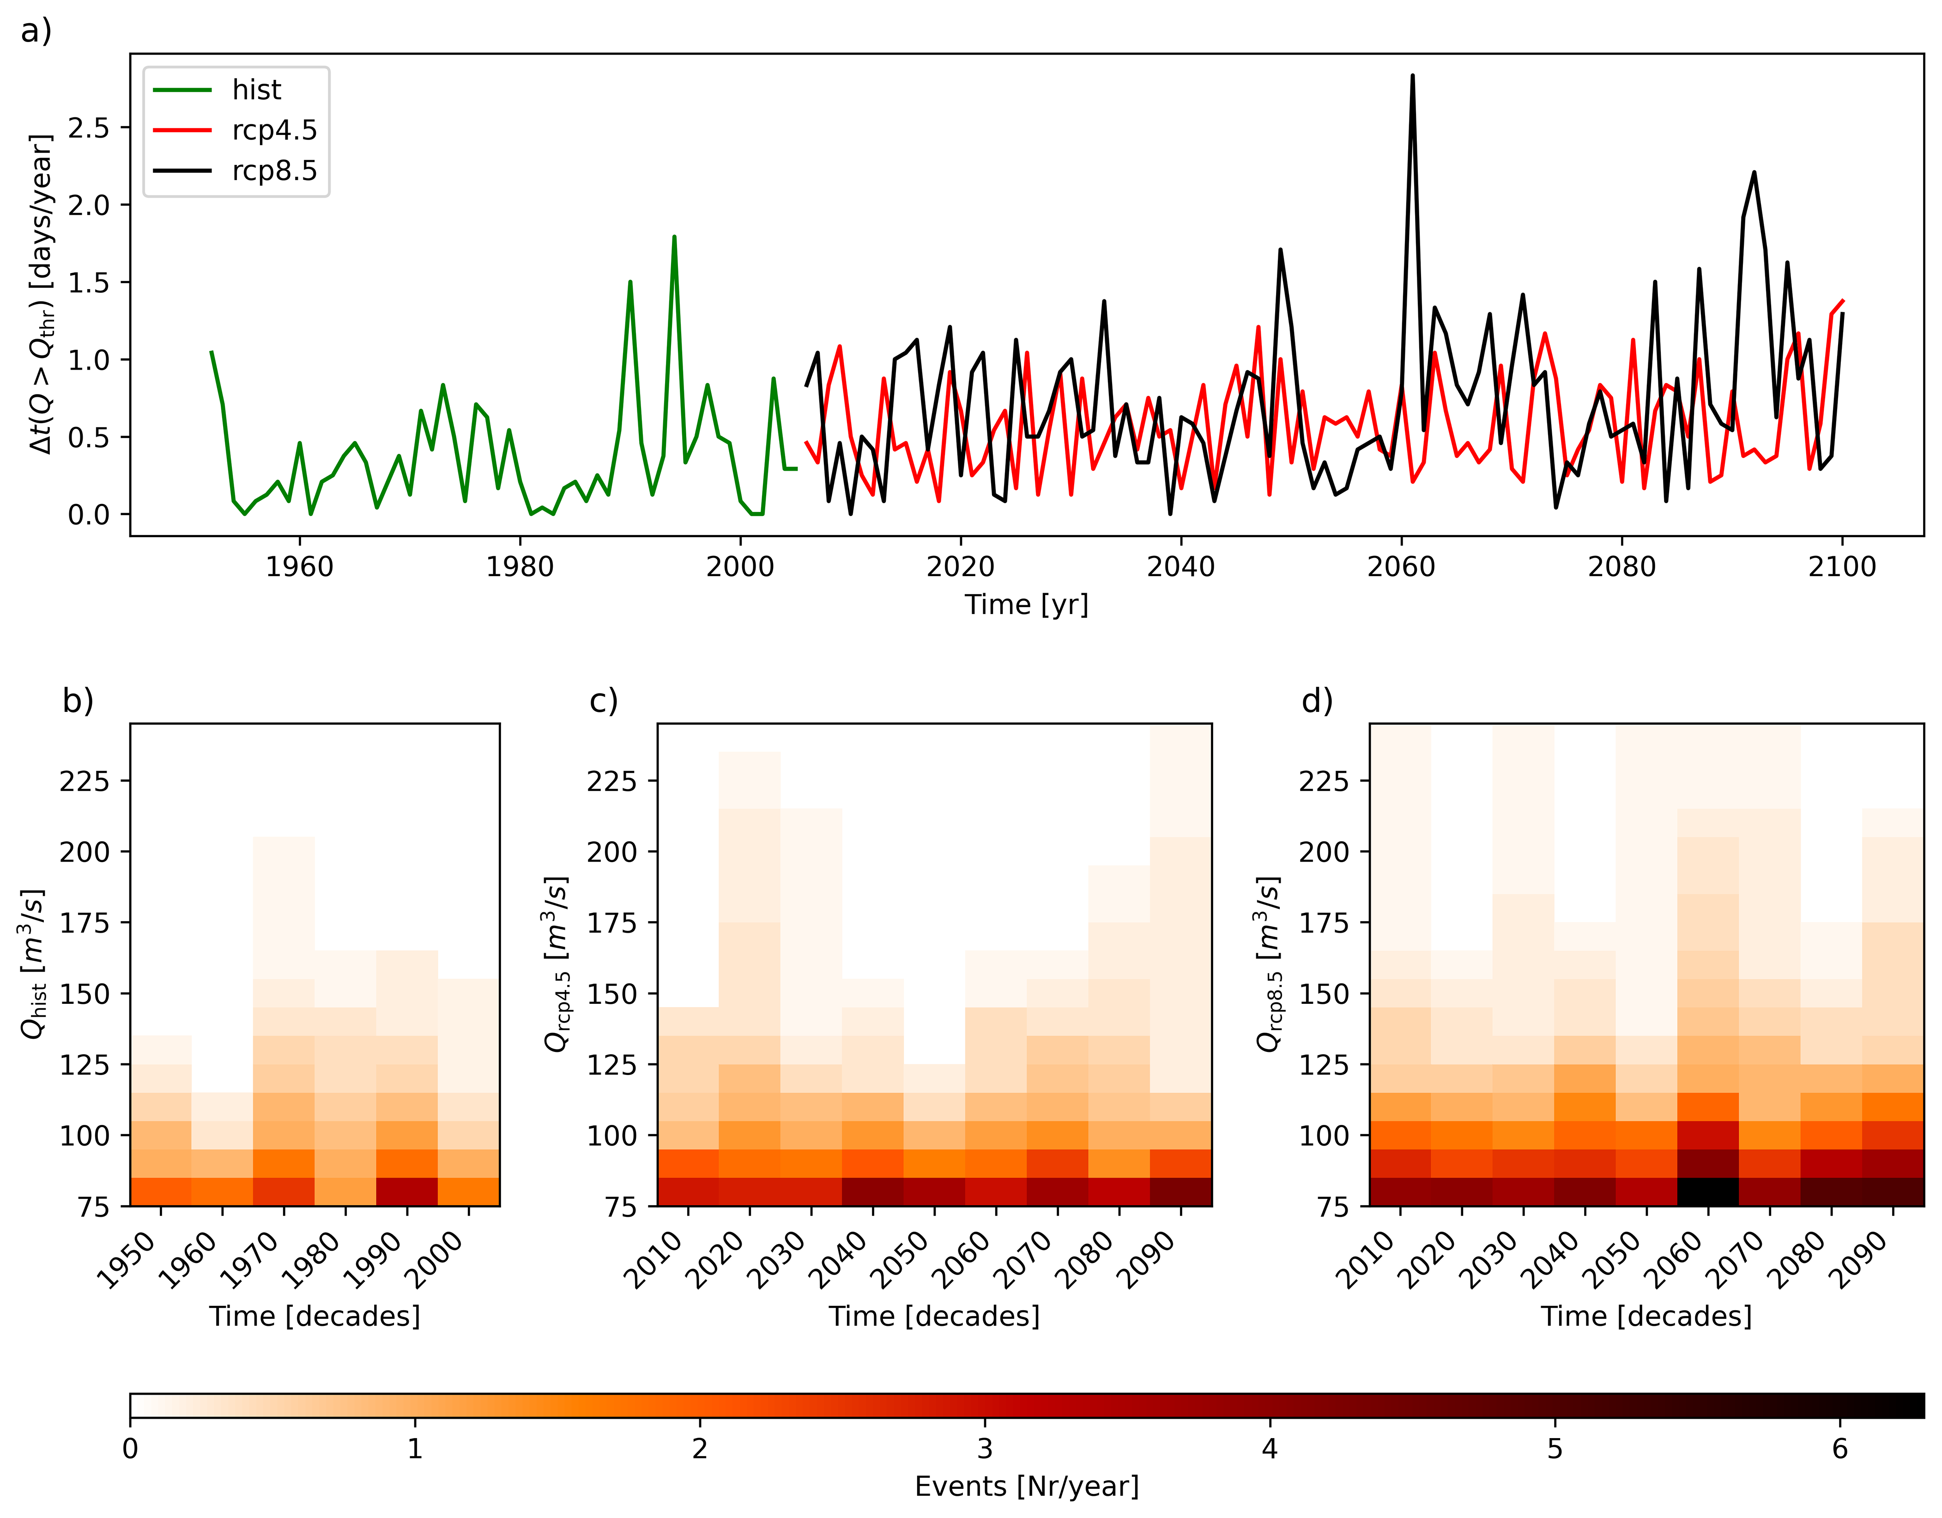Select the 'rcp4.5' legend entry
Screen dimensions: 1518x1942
274,130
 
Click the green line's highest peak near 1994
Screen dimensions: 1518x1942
674,237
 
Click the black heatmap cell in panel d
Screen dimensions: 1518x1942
1707,1192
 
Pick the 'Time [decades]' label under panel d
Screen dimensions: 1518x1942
1646,1316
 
